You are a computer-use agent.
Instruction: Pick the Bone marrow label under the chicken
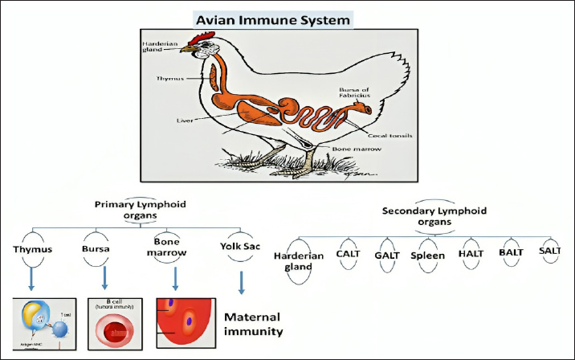pyautogui.click(x=351, y=150)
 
